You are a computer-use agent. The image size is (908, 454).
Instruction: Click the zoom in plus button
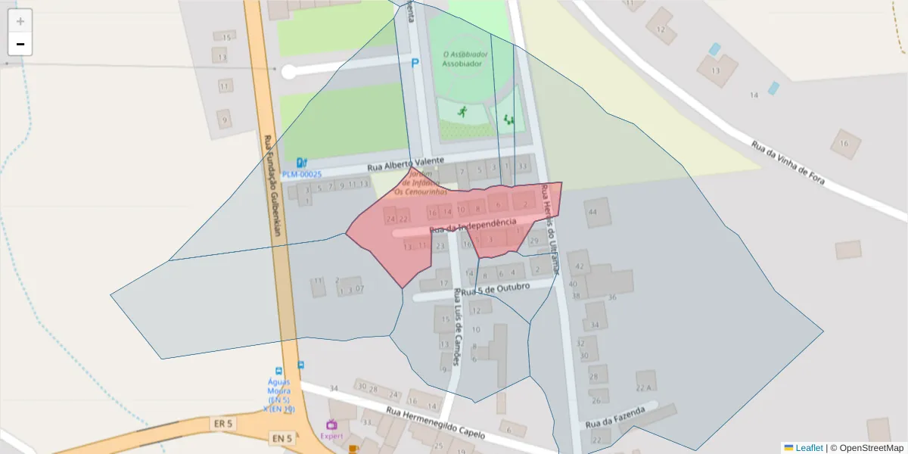tap(20, 21)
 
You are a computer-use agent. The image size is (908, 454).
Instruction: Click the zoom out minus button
tap(20, 44)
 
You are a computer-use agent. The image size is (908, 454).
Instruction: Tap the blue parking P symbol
tap(415, 64)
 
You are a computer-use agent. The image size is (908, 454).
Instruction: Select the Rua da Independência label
tap(472, 225)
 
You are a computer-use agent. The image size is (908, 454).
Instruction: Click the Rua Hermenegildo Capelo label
tap(435, 423)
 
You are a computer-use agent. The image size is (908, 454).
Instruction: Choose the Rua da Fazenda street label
tap(614, 417)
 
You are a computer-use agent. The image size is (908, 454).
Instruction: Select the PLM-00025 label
tap(302, 174)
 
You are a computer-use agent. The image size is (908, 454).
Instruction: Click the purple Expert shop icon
tap(331, 425)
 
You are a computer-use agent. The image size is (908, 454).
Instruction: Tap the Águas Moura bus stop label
tap(279, 391)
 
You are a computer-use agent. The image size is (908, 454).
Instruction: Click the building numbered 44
tap(592, 213)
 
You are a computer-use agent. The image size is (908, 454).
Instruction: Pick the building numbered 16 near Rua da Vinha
tap(845, 143)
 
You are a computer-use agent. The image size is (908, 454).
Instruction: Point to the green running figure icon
tap(462, 111)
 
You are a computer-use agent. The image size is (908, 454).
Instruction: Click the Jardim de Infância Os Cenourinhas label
tap(415, 182)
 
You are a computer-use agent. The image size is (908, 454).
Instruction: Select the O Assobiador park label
tap(463, 59)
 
